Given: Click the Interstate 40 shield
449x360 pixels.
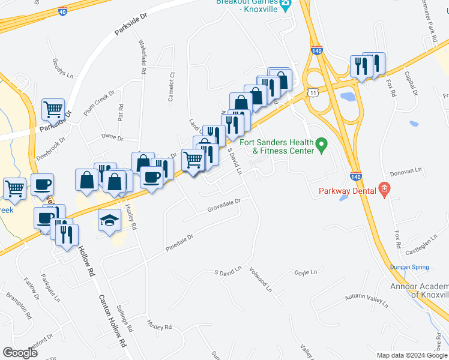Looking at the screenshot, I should [x=63, y=11].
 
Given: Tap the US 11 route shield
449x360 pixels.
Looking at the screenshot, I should [x=312, y=92].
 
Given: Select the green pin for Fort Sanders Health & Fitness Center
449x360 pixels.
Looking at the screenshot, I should [x=321, y=145].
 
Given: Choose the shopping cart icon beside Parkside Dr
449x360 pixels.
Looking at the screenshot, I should [x=53, y=109].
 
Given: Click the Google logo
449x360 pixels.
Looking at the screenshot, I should [x=20, y=352].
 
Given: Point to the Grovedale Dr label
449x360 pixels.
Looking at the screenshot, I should [x=223, y=205].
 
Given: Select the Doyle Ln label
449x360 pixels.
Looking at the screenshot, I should [x=305, y=272].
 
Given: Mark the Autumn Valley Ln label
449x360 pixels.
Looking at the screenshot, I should [x=366, y=301].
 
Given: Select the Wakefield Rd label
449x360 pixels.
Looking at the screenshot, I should [x=143, y=57].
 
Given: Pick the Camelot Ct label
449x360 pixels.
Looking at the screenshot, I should [x=171, y=87].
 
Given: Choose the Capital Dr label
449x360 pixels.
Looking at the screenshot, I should [x=411, y=84].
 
